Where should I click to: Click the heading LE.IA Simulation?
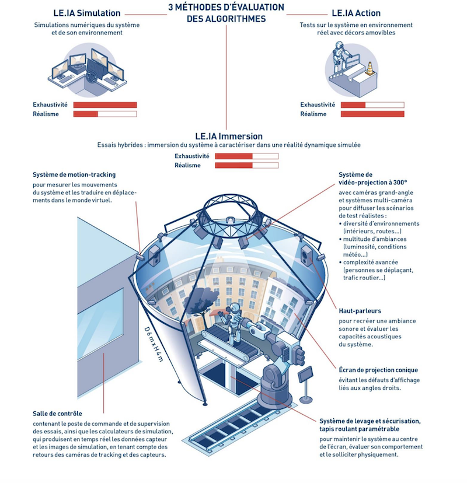point(86,13)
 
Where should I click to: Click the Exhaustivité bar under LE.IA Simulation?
point(105,105)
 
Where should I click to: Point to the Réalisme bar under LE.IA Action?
point(372,114)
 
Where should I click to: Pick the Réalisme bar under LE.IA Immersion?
point(246,166)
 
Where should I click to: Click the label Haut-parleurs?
point(360,311)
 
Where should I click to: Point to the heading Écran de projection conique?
point(378,370)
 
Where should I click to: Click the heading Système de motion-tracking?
point(74,174)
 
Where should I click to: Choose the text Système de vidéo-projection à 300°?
point(372,178)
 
